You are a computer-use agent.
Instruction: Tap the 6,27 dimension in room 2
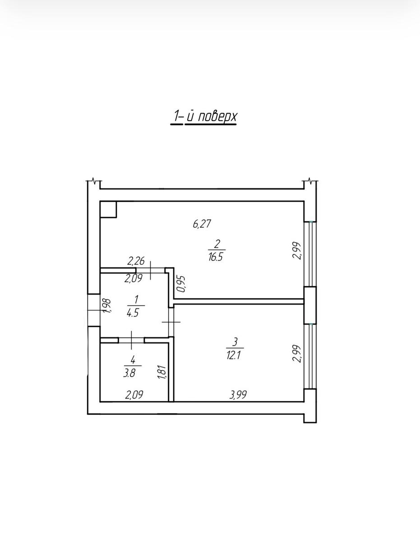202,224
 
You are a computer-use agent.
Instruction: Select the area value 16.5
216,257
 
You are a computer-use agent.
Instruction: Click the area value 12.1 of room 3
234,356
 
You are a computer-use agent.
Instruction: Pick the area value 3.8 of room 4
129,373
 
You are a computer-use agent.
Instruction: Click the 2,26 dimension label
136,261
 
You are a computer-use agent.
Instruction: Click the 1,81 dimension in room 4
162,372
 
